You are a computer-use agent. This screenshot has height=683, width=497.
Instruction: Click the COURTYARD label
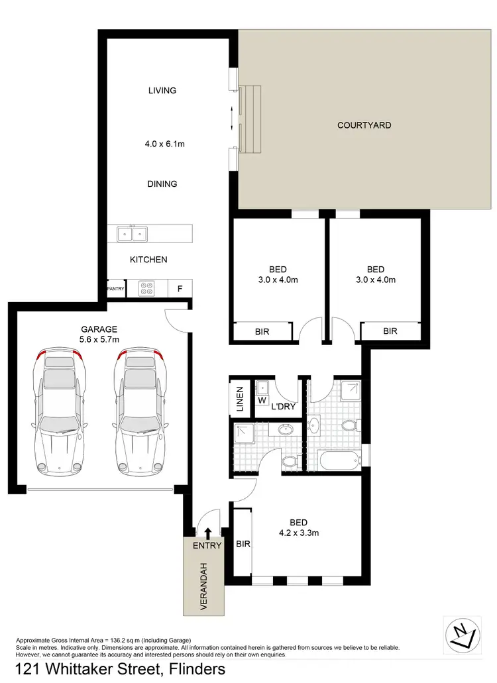tap(364, 125)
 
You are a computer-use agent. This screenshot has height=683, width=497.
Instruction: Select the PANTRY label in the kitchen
tap(116, 288)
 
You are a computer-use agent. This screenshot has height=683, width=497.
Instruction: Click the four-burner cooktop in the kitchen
tap(146, 288)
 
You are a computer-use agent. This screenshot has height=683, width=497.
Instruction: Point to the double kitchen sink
tap(132, 233)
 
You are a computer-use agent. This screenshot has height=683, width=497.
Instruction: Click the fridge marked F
tap(179, 288)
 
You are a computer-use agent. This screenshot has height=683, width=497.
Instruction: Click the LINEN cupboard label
tap(241, 398)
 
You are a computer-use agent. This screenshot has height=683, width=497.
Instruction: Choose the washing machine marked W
tap(262, 400)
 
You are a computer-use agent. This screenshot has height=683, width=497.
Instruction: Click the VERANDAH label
tap(205, 586)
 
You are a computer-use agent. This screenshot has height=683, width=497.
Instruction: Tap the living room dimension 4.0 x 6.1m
tap(162, 142)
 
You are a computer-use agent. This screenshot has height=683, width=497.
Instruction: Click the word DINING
tap(162, 184)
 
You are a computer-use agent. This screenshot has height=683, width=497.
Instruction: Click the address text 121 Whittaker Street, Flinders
tap(120, 669)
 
